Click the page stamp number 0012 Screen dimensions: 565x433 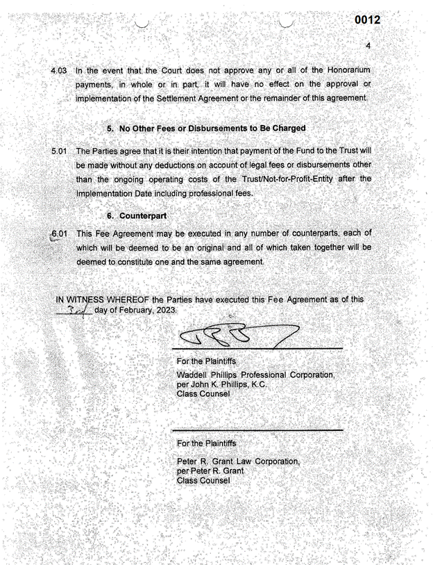pos(367,20)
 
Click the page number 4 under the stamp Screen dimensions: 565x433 pos(368,46)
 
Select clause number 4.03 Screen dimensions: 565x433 pos(60,70)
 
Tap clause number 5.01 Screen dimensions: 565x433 pos(61,152)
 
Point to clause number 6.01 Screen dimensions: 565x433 pos(60,234)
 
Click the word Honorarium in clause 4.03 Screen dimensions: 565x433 pos(345,70)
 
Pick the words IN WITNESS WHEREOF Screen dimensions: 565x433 pos(103,300)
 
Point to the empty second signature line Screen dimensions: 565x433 pos(257,429)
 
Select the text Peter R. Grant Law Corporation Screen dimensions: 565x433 pos(238,461)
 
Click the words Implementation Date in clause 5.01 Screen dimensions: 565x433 pos(114,193)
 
